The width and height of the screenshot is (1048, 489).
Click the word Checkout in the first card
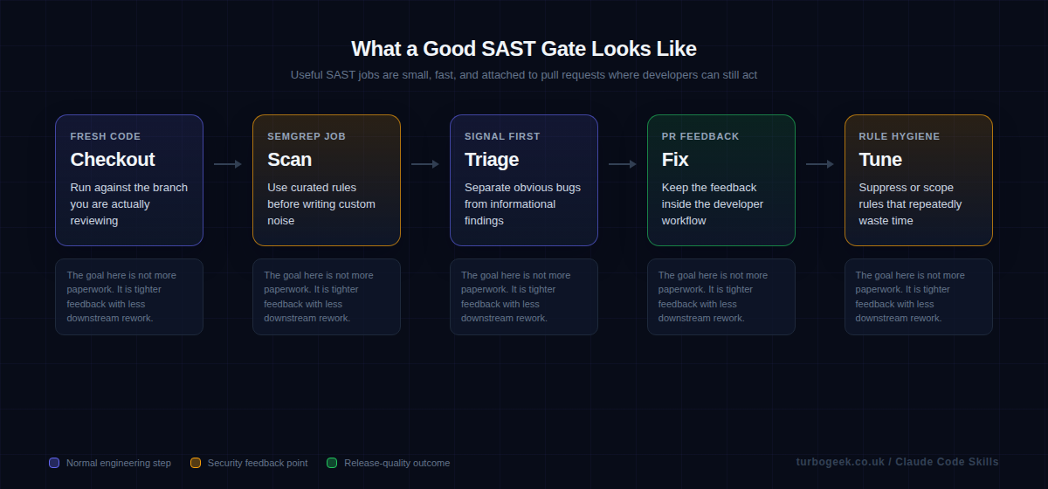click(x=113, y=160)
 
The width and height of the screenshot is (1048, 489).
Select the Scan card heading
click(x=289, y=160)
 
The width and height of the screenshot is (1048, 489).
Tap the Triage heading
click(x=492, y=160)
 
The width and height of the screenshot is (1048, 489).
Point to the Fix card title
click(x=675, y=160)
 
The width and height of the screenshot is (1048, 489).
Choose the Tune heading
click(x=880, y=160)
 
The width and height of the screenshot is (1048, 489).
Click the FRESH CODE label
click(x=106, y=136)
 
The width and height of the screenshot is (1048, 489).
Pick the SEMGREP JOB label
click(x=307, y=136)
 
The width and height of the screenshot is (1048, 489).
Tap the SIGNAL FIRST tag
click(x=502, y=136)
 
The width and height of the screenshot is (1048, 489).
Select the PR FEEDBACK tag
click(x=700, y=136)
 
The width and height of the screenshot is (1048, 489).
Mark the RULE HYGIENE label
click(x=900, y=136)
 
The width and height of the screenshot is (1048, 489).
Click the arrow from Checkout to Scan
click(x=228, y=164)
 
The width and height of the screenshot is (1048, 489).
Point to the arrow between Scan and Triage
click(x=425, y=164)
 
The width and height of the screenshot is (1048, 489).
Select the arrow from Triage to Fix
click(x=623, y=164)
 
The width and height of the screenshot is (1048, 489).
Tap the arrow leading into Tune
click(x=820, y=164)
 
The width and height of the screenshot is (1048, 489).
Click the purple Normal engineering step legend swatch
click(x=54, y=463)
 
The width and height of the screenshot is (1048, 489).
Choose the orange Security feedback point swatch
click(x=196, y=463)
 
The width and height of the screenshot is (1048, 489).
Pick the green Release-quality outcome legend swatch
click(x=332, y=463)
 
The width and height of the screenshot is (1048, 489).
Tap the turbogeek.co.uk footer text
click(x=841, y=462)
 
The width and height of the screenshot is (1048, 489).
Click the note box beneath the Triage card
click(x=524, y=297)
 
